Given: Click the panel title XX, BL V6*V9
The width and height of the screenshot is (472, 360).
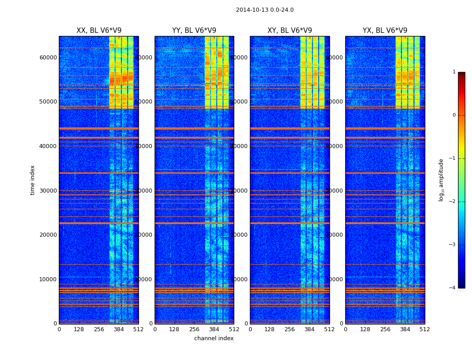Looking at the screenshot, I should [99, 31].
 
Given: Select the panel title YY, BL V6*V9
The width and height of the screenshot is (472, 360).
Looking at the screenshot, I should [194, 31].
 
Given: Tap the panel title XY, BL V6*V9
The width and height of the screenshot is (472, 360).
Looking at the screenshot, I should [289, 31].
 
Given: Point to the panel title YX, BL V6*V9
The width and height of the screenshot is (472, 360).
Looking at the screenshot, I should [385, 31].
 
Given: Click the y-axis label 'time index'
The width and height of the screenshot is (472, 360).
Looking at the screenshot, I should [32, 180].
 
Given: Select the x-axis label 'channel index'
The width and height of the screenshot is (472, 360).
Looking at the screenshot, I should [214, 338].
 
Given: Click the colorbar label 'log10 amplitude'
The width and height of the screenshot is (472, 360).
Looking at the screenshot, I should [441, 180].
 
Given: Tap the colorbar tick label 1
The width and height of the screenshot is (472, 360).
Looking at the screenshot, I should [454, 72].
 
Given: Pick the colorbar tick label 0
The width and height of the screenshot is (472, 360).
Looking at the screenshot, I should [454, 115].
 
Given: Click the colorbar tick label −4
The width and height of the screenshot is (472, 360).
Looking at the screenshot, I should [453, 288].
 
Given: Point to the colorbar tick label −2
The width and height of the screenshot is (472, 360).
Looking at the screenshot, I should [453, 202].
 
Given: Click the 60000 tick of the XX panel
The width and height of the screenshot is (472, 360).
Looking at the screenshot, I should [48, 57].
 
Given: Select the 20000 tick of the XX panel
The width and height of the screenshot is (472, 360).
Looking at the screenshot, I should [48, 234].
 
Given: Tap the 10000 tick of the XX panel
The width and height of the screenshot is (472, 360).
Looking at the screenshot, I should [48, 279].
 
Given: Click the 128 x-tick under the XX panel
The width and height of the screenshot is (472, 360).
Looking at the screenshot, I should [79, 329].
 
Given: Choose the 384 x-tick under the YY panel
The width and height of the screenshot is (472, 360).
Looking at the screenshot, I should [214, 329].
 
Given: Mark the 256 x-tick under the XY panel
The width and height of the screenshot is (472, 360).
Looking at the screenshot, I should [289, 329].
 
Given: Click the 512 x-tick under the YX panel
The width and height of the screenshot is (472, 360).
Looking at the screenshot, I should [424, 329].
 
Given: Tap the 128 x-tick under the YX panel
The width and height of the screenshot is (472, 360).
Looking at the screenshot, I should [365, 329].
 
